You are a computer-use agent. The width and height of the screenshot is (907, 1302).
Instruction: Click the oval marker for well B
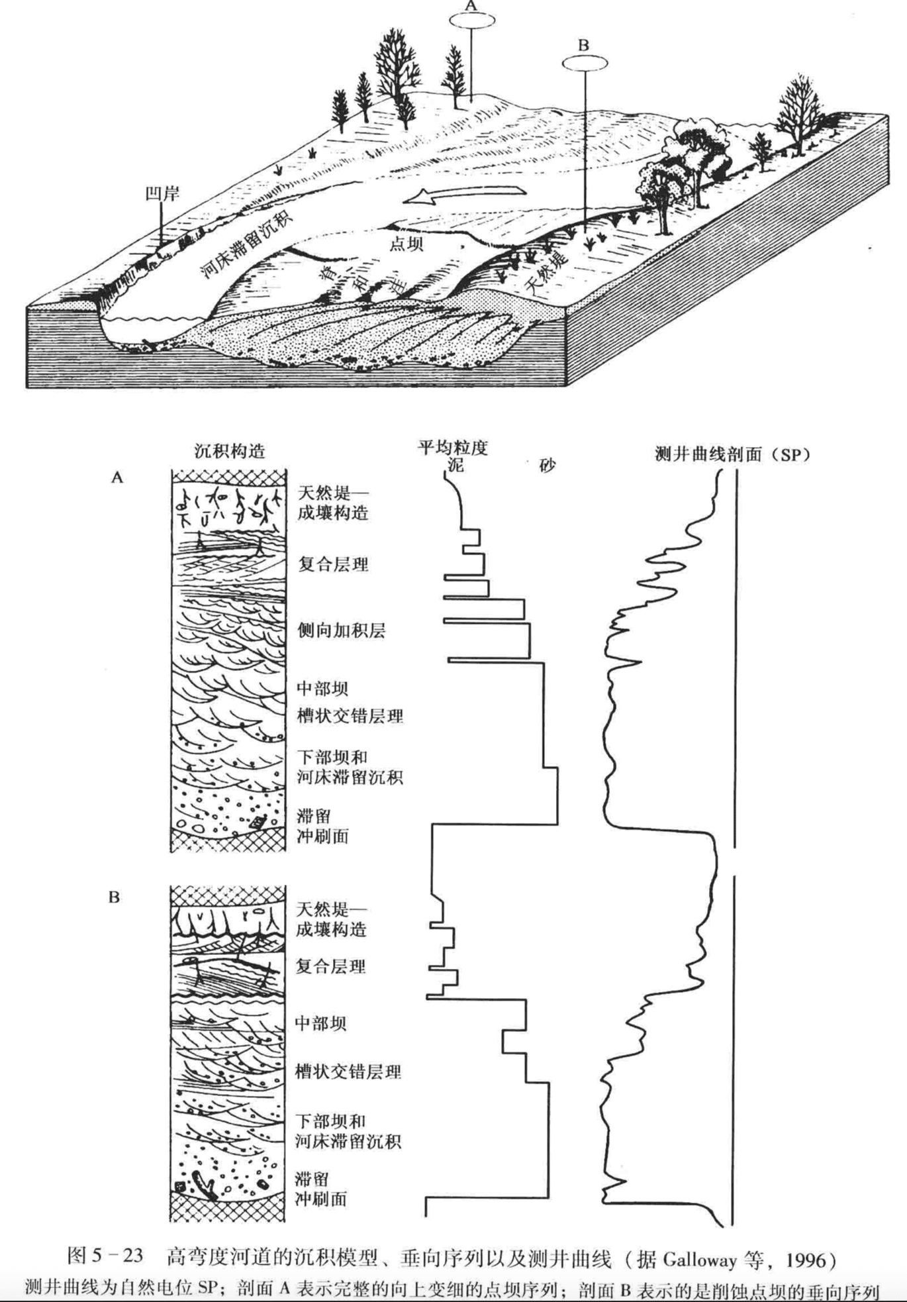click(x=585, y=63)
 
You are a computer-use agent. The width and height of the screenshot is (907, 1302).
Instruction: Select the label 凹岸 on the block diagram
click(x=162, y=193)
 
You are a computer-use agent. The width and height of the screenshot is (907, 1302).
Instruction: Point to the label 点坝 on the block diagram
click(x=406, y=244)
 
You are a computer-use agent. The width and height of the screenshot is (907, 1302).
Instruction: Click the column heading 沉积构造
click(x=229, y=452)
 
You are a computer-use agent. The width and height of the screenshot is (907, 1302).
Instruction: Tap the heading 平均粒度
click(x=452, y=448)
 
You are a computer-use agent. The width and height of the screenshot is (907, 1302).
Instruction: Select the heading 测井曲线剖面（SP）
click(x=732, y=454)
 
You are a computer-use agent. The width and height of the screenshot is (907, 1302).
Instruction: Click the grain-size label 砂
click(x=547, y=466)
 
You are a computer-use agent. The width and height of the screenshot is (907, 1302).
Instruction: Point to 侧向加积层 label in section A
click(x=341, y=630)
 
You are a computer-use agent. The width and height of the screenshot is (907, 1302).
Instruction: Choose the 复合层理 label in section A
click(x=333, y=565)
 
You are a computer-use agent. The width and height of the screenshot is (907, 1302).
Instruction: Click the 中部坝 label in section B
click(x=320, y=1023)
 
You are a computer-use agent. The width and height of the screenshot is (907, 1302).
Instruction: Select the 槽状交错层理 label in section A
click(x=350, y=716)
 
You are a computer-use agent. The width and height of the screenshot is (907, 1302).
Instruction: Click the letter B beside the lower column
click(x=114, y=897)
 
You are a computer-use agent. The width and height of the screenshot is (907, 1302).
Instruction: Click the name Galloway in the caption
click(x=700, y=1258)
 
